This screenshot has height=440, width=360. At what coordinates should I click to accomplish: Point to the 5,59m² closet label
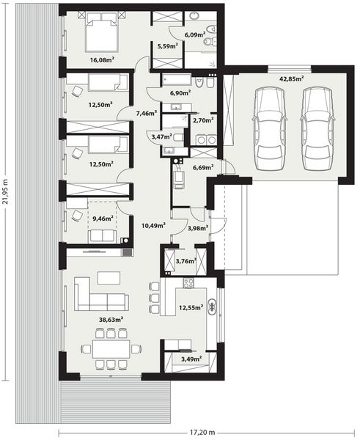click(x=167, y=47)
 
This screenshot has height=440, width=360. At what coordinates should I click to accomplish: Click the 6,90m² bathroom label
click(x=180, y=92)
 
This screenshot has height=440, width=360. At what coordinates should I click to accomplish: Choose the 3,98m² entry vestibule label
click(x=198, y=227)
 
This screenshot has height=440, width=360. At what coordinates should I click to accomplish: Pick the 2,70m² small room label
click(x=203, y=120)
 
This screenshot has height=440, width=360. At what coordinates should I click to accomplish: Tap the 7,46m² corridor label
click(x=146, y=113)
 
